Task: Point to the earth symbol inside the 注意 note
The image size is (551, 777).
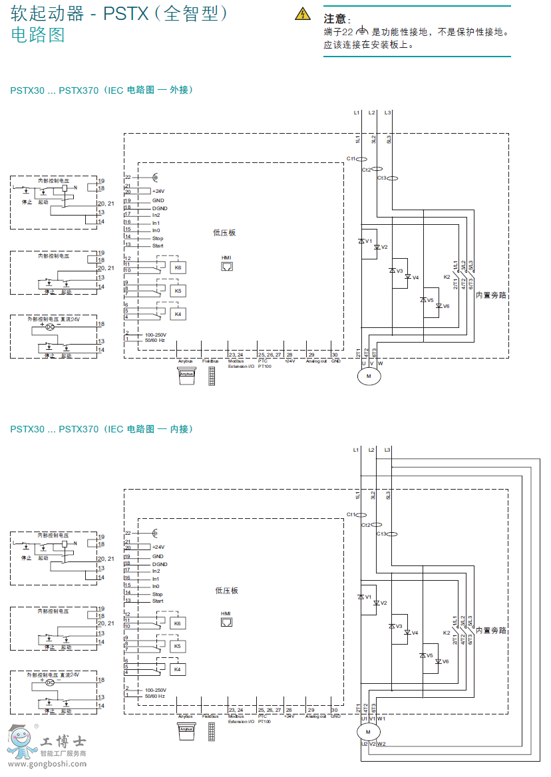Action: [x=362, y=31]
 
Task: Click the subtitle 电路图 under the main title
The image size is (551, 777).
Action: [x=38, y=35]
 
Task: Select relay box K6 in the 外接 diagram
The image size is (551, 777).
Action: [x=178, y=267]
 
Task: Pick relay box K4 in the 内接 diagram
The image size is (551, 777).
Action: [x=178, y=669]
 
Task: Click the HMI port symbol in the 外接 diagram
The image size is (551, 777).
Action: [x=227, y=266]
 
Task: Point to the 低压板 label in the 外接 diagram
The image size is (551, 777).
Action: [x=224, y=233]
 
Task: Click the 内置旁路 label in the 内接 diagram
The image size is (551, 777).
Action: [x=491, y=630]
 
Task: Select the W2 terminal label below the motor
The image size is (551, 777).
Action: [x=381, y=744]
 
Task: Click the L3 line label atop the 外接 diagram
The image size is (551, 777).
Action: [x=387, y=112]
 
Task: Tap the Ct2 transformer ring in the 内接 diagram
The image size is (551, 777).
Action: [x=377, y=525]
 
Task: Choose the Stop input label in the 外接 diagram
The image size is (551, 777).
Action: [x=157, y=238]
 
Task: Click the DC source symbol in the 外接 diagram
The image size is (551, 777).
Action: [x=49, y=328]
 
